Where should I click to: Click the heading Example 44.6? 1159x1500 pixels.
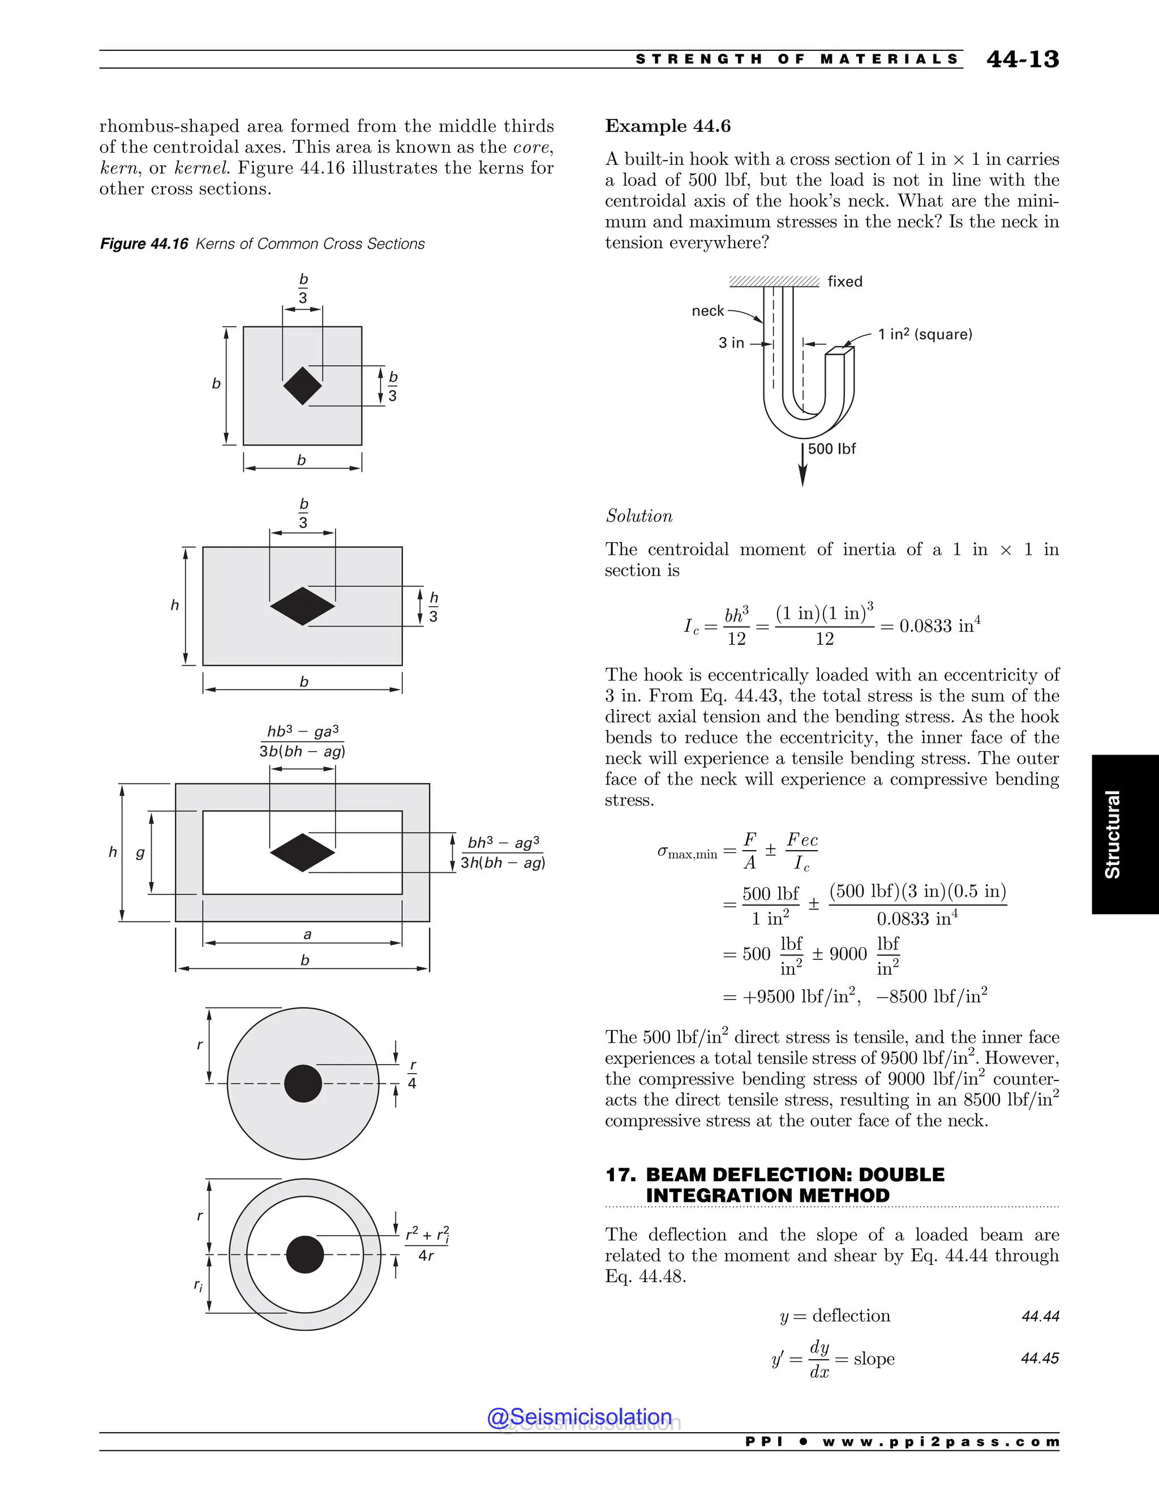pyautogui.click(x=667, y=126)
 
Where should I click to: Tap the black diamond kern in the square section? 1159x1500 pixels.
pyautogui.click(x=302, y=386)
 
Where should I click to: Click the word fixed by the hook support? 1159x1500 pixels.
pyautogui.click(x=844, y=281)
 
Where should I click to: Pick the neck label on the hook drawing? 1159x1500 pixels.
pyautogui.click(x=707, y=311)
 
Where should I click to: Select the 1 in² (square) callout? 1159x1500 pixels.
pyautogui.click(x=925, y=335)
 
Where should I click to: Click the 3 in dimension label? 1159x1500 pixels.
pyautogui.click(x=731, y=342)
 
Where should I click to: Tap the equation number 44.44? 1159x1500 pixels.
pyautogui.click(x=1040, y=1317)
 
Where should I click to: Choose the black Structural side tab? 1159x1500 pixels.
pyautogui.click(x=1124, y=834)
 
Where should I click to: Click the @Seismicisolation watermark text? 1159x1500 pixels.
pyautogui.click(x=579, y=1417)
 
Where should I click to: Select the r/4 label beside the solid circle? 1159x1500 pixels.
pyautogui.click(x=412, y=1075)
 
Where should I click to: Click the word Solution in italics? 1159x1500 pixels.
pyautogui.click(x=638, y=516)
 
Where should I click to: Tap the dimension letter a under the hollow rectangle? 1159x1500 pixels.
pyautogui.click(x=307, y=935)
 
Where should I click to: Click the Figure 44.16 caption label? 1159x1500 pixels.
pyautogui.click(x=144, y=244)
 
